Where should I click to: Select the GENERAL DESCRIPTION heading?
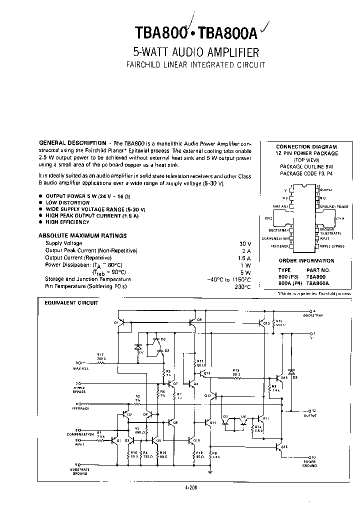(72, 143)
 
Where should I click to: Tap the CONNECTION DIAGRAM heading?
(306, 147)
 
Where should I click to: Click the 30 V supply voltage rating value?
(244, 243)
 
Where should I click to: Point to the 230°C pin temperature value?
(241, 286)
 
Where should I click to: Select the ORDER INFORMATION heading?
(306, 260)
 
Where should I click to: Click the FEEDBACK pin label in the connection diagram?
(280, 246)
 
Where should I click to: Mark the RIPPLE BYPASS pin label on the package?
(332, 246)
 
